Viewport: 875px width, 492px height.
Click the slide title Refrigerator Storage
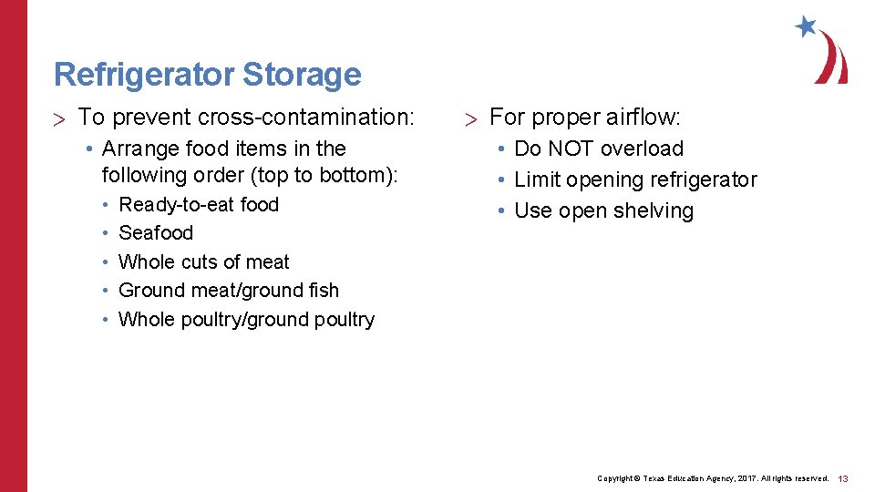[207, 75]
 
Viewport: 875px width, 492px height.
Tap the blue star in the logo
[806, 26]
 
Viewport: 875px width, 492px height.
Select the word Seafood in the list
[156, 233]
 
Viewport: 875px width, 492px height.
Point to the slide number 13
[843, 478]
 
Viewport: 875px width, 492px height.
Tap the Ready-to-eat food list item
[199, 205]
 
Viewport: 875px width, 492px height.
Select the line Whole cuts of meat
[203, 262]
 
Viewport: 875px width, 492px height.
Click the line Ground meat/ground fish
[228, 291]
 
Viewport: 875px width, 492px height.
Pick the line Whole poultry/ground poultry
[246, 320]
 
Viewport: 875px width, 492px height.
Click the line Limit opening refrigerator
[635, 179]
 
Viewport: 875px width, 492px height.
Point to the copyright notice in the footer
[712, 478]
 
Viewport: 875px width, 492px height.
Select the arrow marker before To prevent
[60, 118]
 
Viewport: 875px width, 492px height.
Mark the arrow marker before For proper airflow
[470, 118]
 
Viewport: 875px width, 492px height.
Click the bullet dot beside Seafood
[107, 233]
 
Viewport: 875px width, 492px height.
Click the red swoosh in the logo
[831, 59]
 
